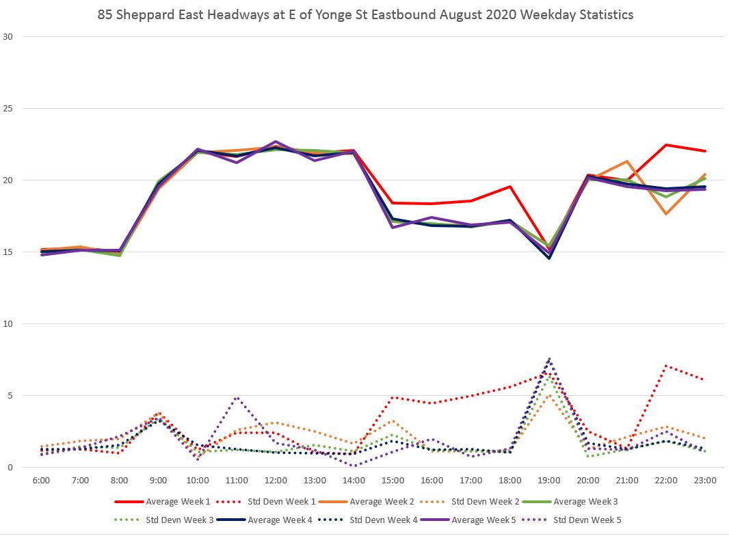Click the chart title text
click(x=364, y=14)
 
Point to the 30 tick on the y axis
click(x=9, y=36)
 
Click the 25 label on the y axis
click(x=9, y=109)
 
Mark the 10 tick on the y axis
click(x=9, y=324)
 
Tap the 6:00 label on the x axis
click(x=40, y=480)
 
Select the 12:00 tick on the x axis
click(x=276, y=480)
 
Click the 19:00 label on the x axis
click(x=549, y=480)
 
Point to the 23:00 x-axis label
click(x=705, y=480)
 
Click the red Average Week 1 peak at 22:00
click(x=666, y=145)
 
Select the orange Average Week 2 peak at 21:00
click(x=627, y=161)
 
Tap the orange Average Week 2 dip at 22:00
click(x=666, y=214)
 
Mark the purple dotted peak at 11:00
click(x=237, y=397)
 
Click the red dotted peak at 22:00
click(x=666, y=366)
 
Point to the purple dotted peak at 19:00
click(x=549, y=358)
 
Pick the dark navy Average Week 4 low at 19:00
click(x=549, y=258)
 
